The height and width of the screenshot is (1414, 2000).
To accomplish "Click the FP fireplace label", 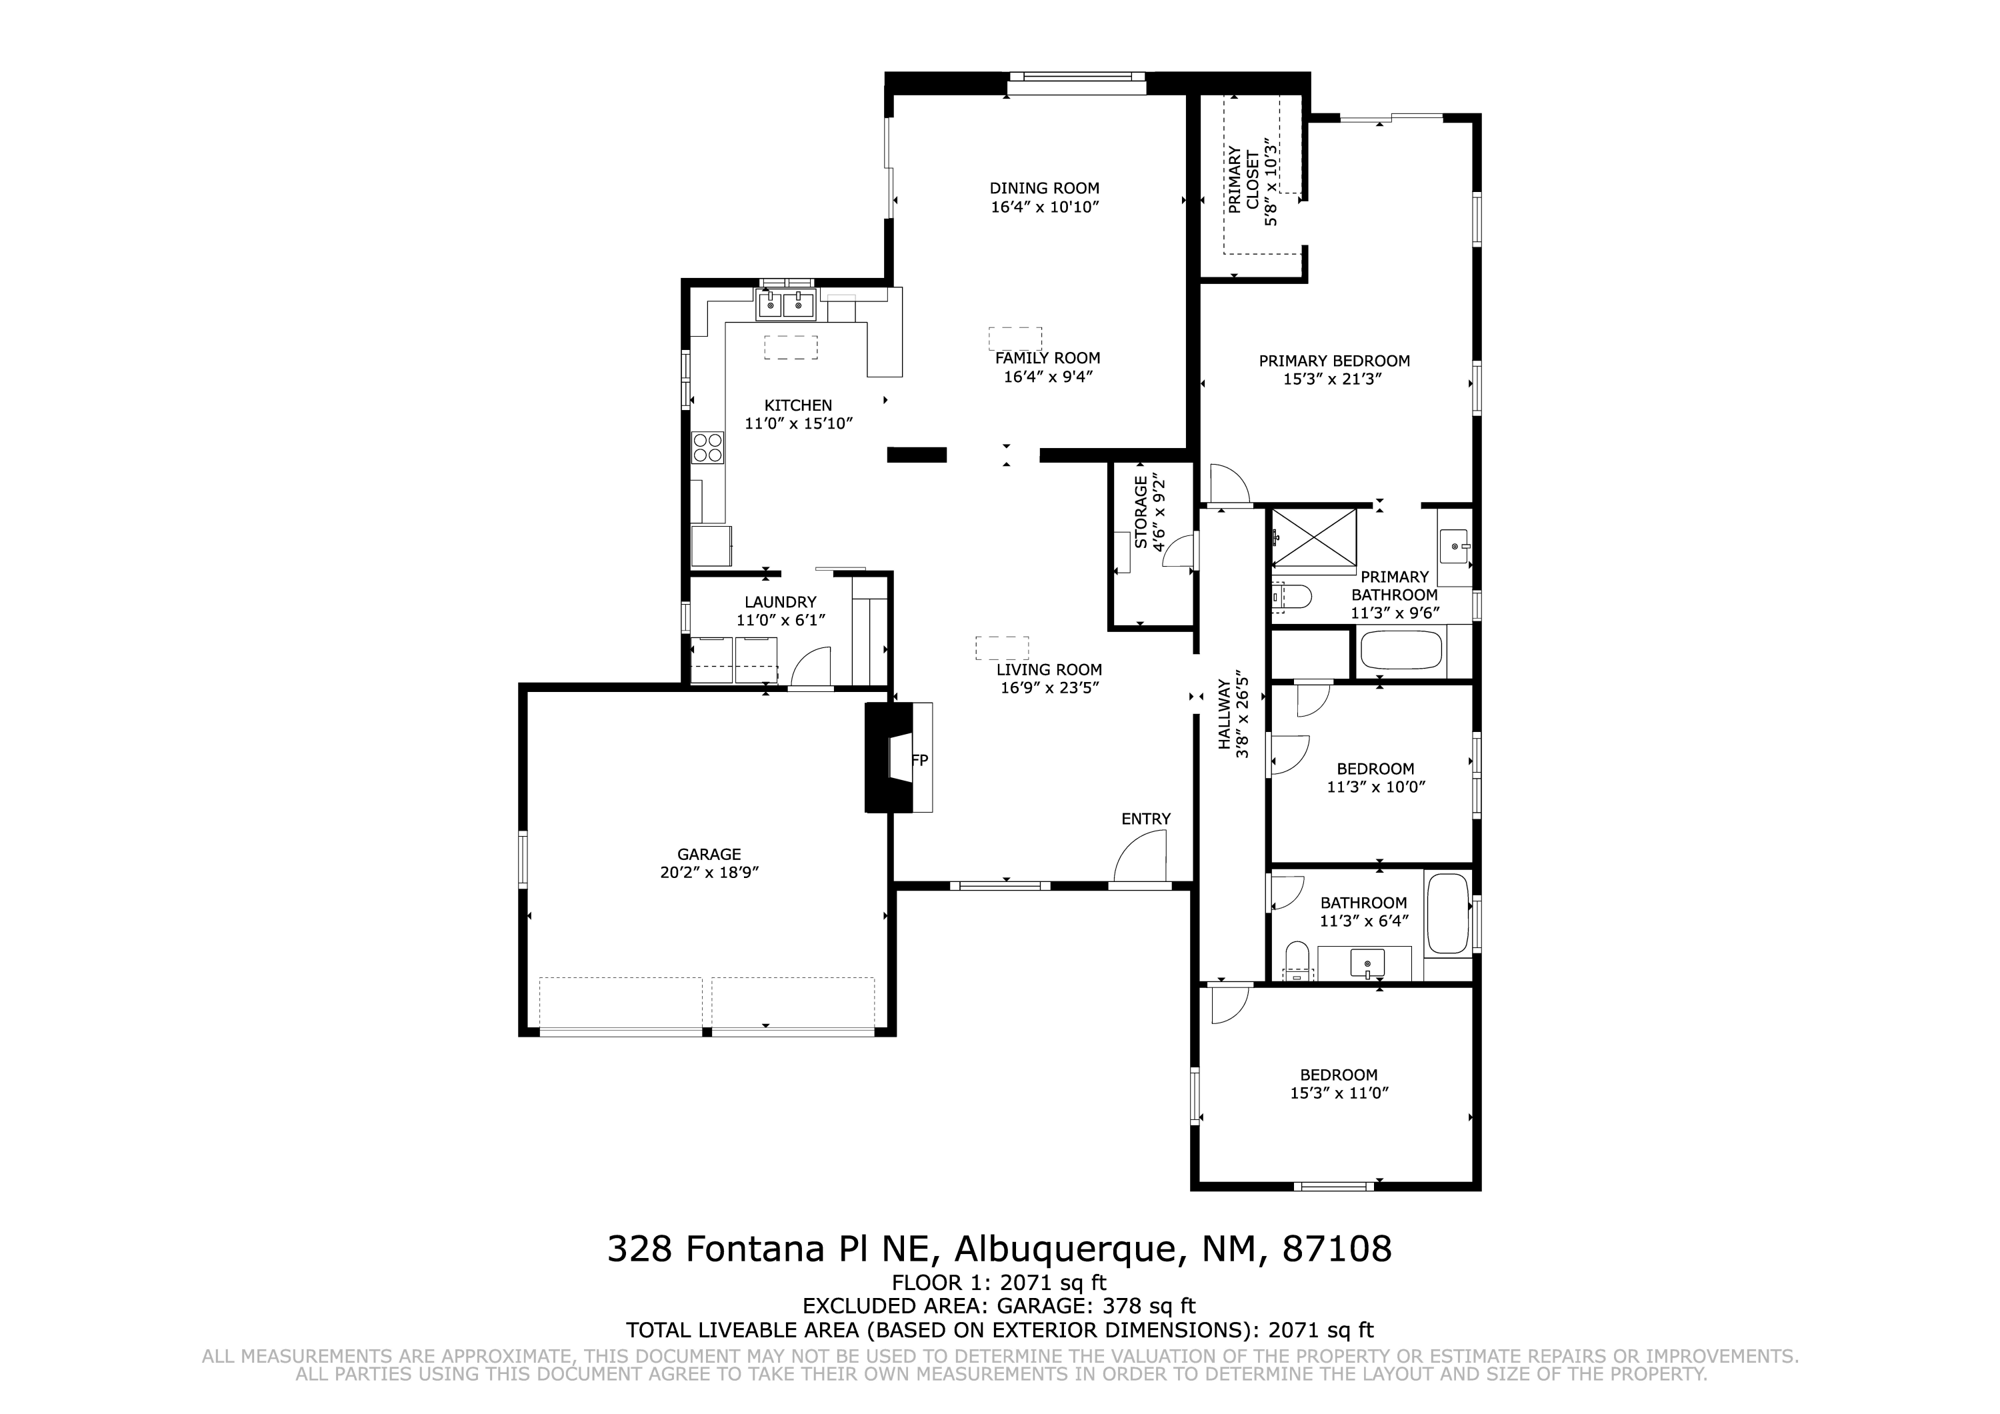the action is (x=920, y=761).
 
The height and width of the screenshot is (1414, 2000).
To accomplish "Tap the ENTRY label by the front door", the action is (x=1145, y=819).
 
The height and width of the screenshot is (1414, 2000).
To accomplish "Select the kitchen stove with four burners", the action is (x=708, y=447).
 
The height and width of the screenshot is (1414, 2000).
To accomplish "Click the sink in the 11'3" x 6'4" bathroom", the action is (x=1367, y=963).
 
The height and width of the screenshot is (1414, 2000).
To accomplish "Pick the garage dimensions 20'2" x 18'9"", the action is (x=709, y=873).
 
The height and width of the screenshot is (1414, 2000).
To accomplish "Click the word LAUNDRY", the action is (x=781, y=602).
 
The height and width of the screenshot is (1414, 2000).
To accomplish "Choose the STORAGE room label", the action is (x=1140, y=512).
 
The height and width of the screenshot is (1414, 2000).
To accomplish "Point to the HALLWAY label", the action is (x=1224, y=715).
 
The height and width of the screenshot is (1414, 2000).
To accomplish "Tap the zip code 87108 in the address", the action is (x=1337, y=1249).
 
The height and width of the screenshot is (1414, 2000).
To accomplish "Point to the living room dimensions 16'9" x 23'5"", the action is (x=1049, y=688).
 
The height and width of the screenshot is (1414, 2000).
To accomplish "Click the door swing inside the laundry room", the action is (x=811, y=667).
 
